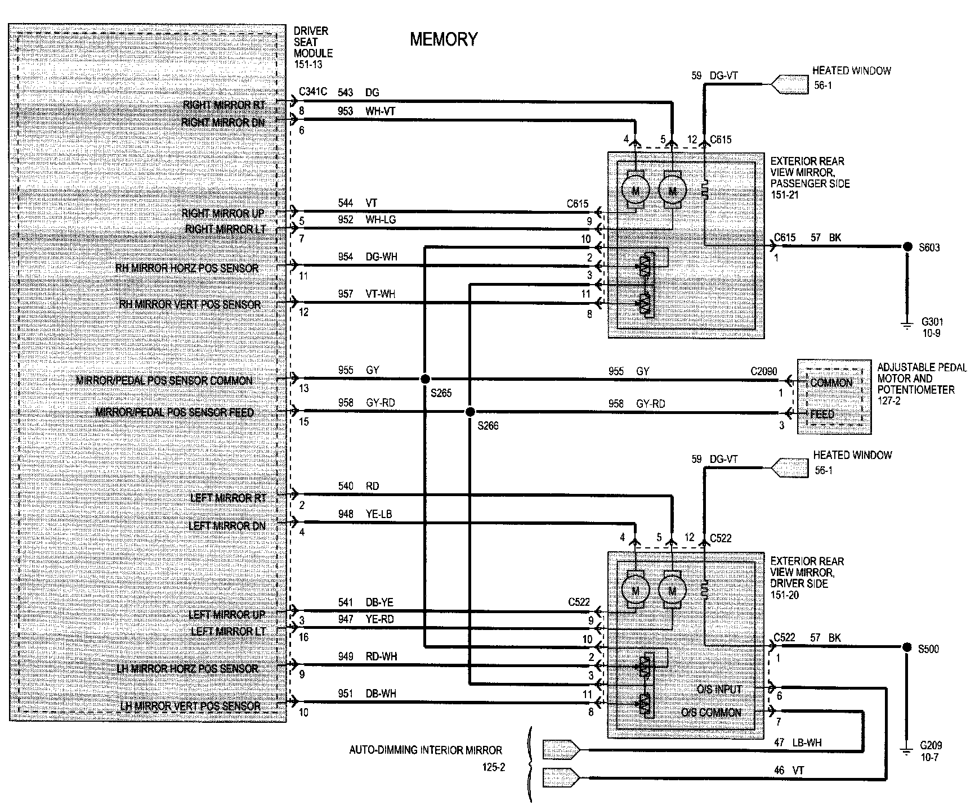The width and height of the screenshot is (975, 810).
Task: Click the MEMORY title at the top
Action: pyautogui.click(x=444, y=39)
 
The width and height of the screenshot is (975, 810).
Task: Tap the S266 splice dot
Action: pyautogui.click(x=470, y=412)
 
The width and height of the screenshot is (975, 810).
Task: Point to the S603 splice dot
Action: pyautogui.click(x=907, y=246)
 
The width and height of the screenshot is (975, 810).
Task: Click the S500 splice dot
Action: pyautogui.click(x=907, y=647)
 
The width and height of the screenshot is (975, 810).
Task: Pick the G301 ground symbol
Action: pyautogui.click(x=907, y=324)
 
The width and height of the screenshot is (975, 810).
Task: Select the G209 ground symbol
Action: pyautogui.click(x=907, y=749)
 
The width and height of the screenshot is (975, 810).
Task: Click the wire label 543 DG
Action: pyautogui.click(x=359, y=93)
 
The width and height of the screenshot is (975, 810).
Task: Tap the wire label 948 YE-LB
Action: pyautogui.click(x=364, y=514)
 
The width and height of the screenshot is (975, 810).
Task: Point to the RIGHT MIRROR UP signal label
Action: pyautogui.click(x=223, y=214)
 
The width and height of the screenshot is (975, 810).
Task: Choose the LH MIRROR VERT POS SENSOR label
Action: pyautogui.click(x=190, y=706)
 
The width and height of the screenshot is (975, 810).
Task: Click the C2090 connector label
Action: pyautogui.click(x=763, y=372)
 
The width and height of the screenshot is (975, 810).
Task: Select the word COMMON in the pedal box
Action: pyautogui.click(x=831, y=383)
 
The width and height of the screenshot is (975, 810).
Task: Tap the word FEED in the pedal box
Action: pyautogui.click(x=822, y=414)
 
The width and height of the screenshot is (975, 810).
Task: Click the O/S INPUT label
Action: pyautogui.click(x=719, y=689)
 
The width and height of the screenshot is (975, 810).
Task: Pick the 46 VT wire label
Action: pyautogui.click(x=789, y=771)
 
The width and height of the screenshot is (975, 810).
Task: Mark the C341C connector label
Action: pyautogui.click(x=312, y=92)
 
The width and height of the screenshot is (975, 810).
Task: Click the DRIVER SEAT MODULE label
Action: pyautogui.click(x=313, y=47)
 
